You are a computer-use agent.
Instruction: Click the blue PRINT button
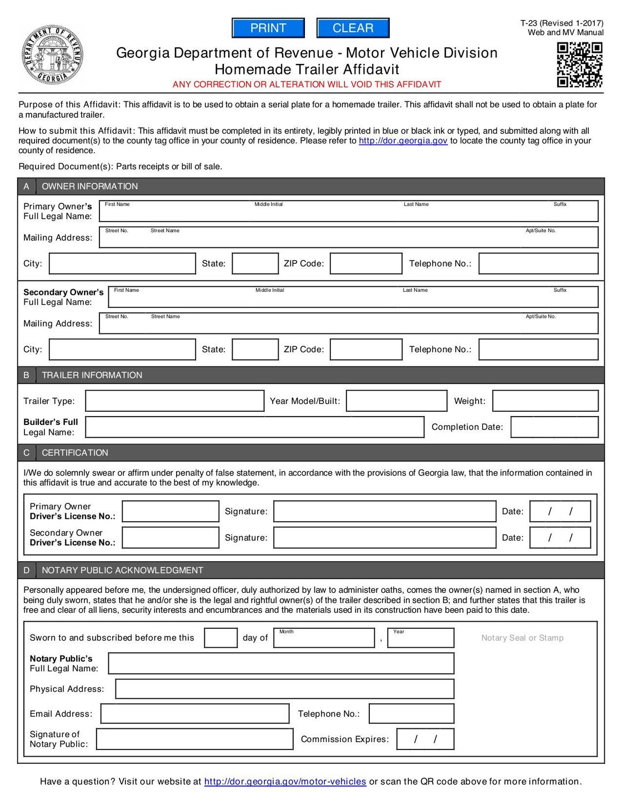268,28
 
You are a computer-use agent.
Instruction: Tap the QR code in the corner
579,65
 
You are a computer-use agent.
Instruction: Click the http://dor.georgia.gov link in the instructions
403,141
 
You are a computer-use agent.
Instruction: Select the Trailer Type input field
174,401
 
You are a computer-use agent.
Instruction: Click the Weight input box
545,401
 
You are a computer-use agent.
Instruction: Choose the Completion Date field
554,427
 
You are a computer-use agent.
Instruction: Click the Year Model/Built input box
396,401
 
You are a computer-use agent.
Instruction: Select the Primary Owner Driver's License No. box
170,512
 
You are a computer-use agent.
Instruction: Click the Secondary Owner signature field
384,538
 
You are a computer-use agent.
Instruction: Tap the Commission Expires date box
425,739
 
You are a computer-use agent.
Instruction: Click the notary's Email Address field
194,714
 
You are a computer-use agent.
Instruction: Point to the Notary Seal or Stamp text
522,638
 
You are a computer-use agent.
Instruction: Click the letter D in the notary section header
26,571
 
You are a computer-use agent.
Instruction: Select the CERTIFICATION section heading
75,453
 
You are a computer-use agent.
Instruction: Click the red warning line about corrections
307,84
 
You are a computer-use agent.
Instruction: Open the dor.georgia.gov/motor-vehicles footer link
285,782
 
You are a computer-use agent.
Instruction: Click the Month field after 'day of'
325,639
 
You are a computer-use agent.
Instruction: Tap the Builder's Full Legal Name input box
254,427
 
